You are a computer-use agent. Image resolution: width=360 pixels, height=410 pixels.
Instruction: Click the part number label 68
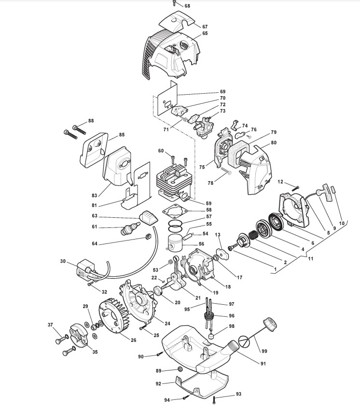pos(187,6)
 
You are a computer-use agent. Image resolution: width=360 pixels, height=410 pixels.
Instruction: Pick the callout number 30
pos(63,261)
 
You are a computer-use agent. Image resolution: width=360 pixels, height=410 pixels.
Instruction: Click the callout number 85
pos(122,135)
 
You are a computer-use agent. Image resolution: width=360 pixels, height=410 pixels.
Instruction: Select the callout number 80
pos(274,142)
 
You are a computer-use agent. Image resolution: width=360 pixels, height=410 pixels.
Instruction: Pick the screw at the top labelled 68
pos(174,3)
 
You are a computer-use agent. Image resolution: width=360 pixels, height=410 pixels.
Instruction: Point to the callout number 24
pos(167,323)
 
